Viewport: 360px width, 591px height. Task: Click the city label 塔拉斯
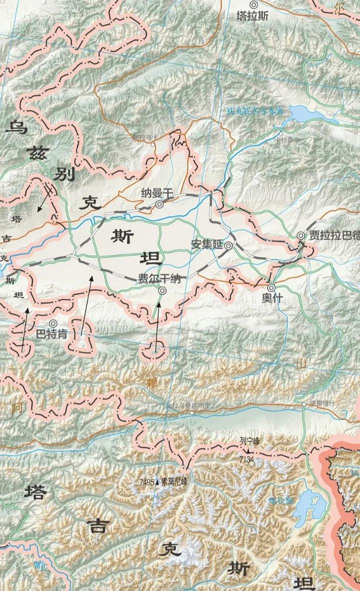click(252, 16)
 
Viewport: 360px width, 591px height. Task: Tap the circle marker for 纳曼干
click(159, 204)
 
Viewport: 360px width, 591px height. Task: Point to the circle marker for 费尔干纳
click(162, 290)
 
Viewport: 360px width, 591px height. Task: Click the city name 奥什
click(271, 299)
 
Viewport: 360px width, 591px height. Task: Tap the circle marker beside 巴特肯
click(52, 323)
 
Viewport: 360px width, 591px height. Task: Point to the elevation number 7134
click(247, 459)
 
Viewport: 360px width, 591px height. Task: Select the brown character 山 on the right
click(300, 364)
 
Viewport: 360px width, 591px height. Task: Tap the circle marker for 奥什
click(271, 288)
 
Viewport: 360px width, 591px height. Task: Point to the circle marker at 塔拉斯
click(253, 5)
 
